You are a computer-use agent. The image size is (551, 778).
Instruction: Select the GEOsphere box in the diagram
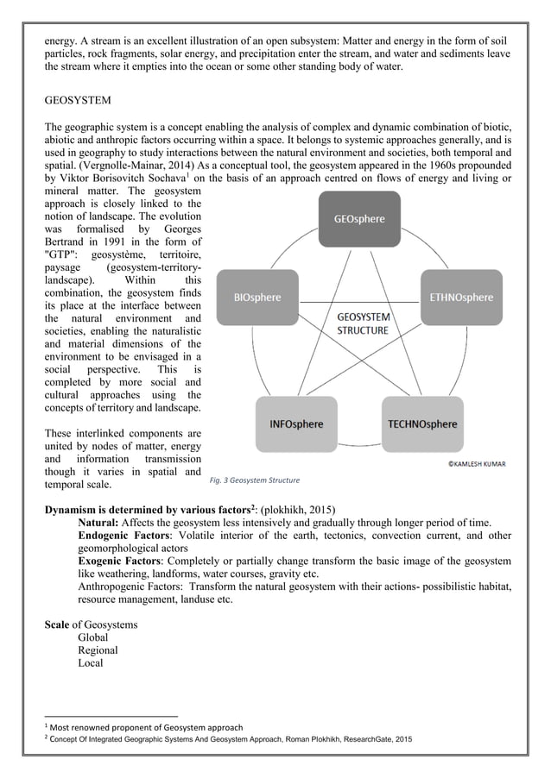coord(359,219)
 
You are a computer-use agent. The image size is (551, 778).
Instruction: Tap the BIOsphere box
coord(257,297)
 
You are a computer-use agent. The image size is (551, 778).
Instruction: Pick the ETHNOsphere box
coord(461,297)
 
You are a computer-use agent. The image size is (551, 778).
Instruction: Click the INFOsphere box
coord(296,424)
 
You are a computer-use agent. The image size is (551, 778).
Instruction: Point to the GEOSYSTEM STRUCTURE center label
coord(363,323)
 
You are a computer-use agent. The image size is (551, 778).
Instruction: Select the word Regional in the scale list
coord(98,650)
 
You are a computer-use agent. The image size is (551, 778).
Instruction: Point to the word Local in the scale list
coord(91,663)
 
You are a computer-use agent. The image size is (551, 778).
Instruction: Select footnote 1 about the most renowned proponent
coord(146,727)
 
